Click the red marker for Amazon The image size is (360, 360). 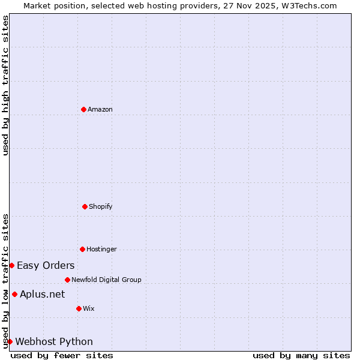click(83, 109)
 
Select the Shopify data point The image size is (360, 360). click(85, 206)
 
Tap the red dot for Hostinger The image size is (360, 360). click(82, 249)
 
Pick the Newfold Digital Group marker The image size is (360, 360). click(67, 280)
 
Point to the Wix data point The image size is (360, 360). click(79, 308)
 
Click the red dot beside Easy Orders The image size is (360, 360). click(11, 265)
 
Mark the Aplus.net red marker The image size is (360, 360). click(14, 294)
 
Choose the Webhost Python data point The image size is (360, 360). click(10, 341)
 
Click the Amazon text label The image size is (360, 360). click(100, 109)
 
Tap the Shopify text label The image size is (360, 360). click(101, 206)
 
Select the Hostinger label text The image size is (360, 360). click(101, 249)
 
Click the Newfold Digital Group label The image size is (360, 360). click(106, 280)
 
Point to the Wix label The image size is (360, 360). click(89, 308)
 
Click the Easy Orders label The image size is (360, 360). click(46, 265)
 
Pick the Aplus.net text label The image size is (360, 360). click(42, 294)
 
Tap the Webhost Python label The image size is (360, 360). click(54, 341)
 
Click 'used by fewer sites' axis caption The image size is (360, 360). click(62, 355)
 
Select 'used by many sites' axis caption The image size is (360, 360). click(301, 355)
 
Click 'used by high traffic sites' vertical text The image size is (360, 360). click(5, 86)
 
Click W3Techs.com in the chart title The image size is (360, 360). click(308, 5)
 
